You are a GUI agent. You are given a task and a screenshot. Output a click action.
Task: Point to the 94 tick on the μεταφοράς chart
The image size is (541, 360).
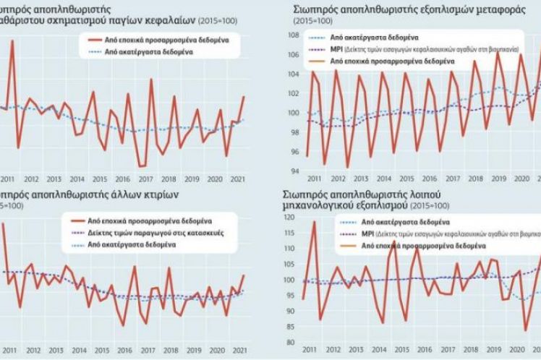click(x=284, y=171)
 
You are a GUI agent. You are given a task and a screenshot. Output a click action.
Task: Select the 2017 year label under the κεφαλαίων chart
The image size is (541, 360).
click(x=145, y=179)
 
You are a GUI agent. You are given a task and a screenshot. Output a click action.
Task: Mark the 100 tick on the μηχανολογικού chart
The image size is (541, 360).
click(x=283, y=280)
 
